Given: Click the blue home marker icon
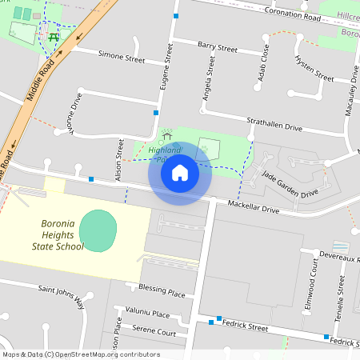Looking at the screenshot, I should tap(180, 172).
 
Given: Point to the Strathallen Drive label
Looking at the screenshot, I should tap(274, 126).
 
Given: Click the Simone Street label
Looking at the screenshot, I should tap(121, 58).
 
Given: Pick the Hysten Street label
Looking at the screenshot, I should tap(314, 69).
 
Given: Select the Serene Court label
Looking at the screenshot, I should tap(154, 331).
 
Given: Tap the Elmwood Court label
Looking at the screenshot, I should tap(311, 294).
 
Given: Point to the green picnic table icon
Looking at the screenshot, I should tap(54, 36).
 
